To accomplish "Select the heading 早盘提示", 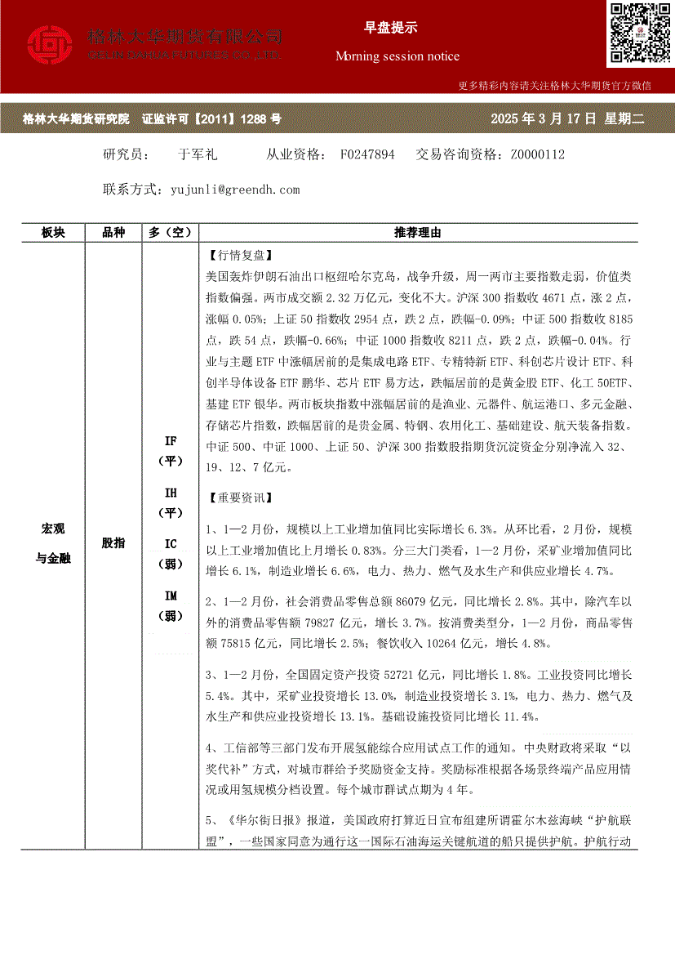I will click(390, 27).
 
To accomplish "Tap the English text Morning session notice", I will click(397, 56).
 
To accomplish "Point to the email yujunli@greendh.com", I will click(236, 190).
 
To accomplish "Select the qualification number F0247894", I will click(367, 154).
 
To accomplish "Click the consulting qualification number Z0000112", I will click(538, 154).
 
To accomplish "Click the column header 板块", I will click(53, 233).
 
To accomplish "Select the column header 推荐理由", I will click(418, 233).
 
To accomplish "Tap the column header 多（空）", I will click(170, 233).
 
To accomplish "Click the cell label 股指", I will click(113, 542).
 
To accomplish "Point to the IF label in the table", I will click(171, 441).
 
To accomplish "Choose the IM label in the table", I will click(171, 596).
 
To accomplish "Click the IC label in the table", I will click(171, 544).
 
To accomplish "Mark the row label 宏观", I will click(53, 529).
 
